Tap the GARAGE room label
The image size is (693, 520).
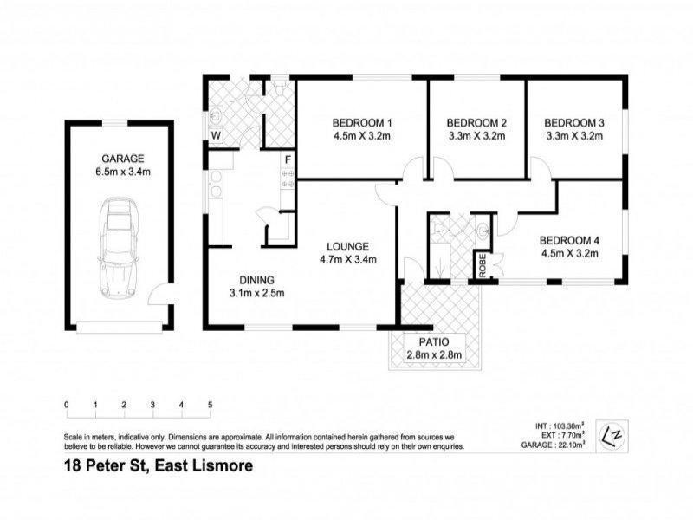[122, 159]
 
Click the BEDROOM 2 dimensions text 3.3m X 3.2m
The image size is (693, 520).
[476, 136]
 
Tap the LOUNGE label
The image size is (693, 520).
[349, 245]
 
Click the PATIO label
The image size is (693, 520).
[436, 341]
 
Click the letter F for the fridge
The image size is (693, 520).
[287, 159]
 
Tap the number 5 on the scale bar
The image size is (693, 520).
[210, 405]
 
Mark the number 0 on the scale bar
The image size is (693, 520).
[67, 405]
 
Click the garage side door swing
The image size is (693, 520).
[159, 296]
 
